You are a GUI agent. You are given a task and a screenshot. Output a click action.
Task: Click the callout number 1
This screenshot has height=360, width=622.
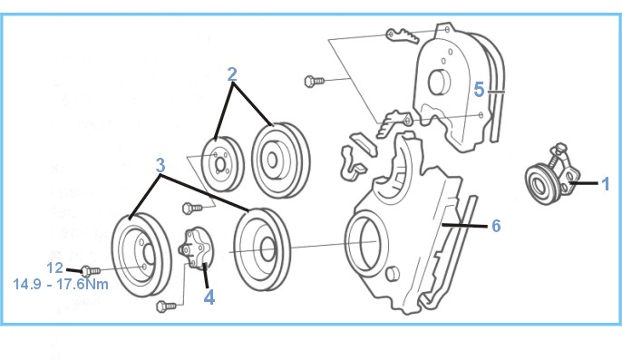pyautogui.click(x=605, y=184)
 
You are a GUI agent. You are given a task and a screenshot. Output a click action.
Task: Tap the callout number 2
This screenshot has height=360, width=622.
pyautogui.click(x=232, y=74)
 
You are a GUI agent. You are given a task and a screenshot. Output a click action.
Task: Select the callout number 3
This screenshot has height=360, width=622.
pyautogui.click(x=160, y=165)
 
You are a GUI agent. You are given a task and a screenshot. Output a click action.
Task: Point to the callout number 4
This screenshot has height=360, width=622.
pyautogui.click(x=209, y=297)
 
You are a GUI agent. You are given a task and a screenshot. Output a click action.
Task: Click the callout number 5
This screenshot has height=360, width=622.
pyautogui.click(x=479, y=89)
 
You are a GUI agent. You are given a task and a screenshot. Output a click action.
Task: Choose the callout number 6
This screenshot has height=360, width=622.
pyautogui.click(x=496, y=226)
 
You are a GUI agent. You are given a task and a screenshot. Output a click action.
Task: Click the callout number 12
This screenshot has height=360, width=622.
pyautogui.click(x=54, y=268)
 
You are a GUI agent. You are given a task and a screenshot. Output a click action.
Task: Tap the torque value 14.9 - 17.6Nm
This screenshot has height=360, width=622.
pyautogui.click(x=61, y=284)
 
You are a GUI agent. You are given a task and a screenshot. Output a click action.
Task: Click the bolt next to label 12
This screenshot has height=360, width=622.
pyautogui.click(x=91, y=271)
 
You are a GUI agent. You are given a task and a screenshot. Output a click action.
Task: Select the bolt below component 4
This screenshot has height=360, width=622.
pyautogui.click(x=166, y=306)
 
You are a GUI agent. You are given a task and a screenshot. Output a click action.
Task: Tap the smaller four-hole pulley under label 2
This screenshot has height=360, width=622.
pyautogui.click(x=222, y=164)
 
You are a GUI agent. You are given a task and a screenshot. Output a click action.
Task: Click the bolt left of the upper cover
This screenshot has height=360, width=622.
pyautogui.click(x=314, y=81)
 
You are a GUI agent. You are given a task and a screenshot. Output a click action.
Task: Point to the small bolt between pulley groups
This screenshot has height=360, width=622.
pyautogui.click(x=193, y=208)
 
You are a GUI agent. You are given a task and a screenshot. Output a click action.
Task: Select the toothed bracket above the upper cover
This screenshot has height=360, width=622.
pyautogui.click(x=403, y=35)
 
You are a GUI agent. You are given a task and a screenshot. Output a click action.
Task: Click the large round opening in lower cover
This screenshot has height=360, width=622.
pyautogui.click(x=365, y=242)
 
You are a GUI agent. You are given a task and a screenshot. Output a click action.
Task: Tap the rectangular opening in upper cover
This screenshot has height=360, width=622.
pyautogui.click(x=439, y=83)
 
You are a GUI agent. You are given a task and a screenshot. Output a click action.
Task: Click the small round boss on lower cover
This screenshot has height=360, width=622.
pyautogui.click(x=392, y=273)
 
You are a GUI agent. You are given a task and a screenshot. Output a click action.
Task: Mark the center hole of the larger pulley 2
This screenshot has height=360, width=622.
pyautogui.click(x=272, y=160)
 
